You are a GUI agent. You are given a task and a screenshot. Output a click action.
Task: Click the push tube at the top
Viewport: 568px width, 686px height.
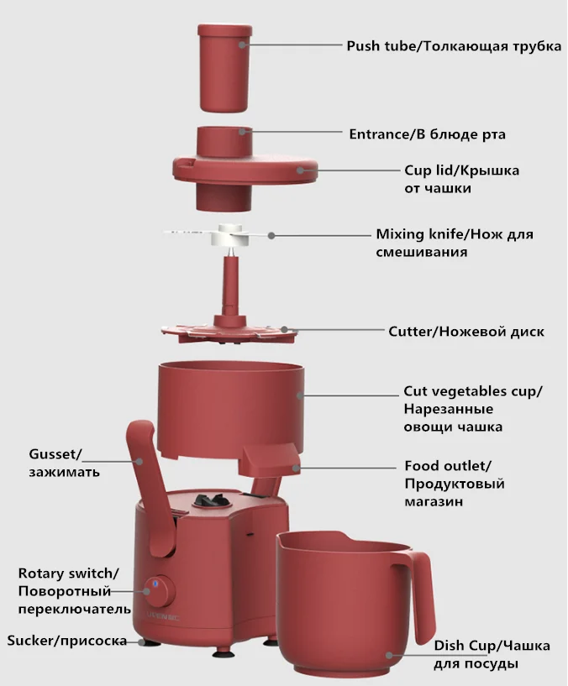click(224, 68)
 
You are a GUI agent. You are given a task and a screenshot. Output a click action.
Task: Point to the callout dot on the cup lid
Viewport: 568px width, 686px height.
click(301, 170)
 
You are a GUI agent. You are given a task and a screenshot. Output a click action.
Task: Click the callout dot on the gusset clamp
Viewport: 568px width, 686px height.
click(139, 462)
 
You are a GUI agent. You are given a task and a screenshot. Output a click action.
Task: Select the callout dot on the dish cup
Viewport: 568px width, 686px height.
click(389, 655)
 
